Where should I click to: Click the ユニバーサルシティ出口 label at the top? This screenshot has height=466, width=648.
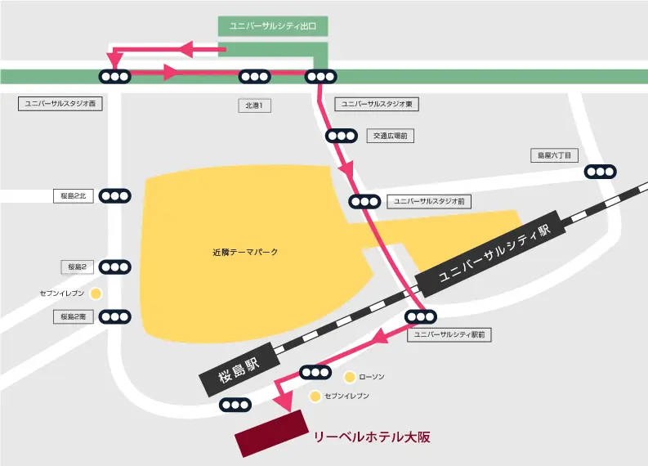tap(273, 26)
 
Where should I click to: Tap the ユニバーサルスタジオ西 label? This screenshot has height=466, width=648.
tap(60, 104)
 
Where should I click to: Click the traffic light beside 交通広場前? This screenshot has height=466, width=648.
tap(341, 136)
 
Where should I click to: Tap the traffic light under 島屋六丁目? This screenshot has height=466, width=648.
tap(601, 172)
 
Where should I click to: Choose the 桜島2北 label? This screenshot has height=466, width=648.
tap(74, 195)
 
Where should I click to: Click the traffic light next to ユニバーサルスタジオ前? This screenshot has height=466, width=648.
tap(364, 201)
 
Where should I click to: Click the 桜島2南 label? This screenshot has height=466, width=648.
tap(74, 316)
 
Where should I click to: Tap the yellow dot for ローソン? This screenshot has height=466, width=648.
tap(349, 377)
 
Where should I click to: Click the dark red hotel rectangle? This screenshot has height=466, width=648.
tap(270, 432)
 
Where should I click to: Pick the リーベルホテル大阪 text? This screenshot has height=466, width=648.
tap(372, 437)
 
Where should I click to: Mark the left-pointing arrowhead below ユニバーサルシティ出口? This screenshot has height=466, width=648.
tap(185, 50)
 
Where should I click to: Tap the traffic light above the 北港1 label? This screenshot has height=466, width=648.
tap(254, 77)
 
